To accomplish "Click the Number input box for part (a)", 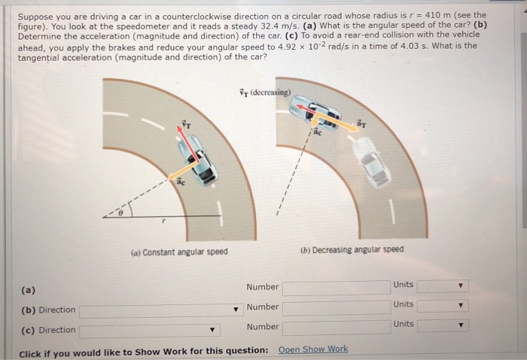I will [x=336, y=287].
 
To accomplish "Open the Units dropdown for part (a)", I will [x=443, y=286].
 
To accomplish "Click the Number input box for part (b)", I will [x=336, y=307].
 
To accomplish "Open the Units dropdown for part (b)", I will [x=443, y=306].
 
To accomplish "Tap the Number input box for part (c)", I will [x=336, y=328].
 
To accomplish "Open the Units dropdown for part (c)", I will [x=443, y=326].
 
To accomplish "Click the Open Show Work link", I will [x=313, y=349].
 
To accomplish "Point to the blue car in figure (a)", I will [x=200, y=159].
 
